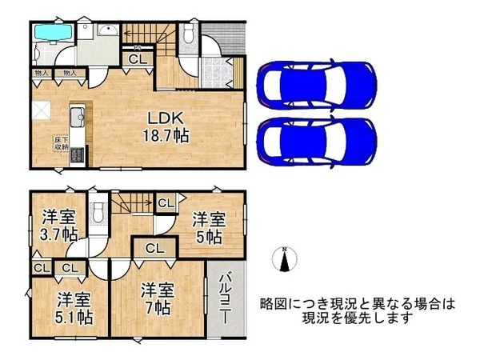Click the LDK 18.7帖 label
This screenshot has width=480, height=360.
[x=166, y=126]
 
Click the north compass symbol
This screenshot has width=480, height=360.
[x=284, y=260]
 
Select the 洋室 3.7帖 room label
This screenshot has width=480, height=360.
[x=59, y=225]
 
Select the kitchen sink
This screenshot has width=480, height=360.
[x=77, y=120]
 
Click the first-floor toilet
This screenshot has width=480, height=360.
[x=188, y=33]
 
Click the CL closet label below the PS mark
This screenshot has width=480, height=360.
[x=137, y=58]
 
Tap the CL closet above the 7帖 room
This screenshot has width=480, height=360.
[x=155, y=249]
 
